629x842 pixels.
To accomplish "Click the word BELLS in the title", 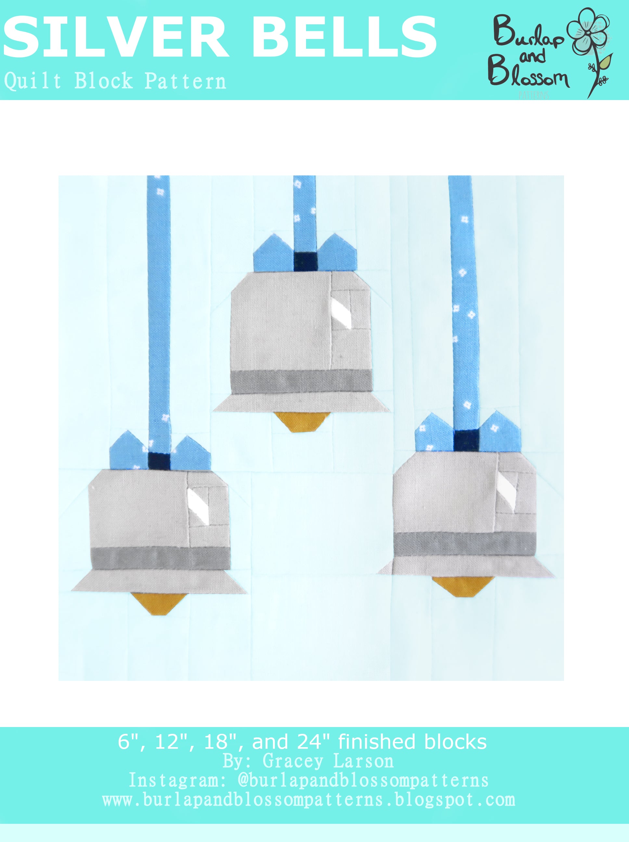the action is click(344, 38).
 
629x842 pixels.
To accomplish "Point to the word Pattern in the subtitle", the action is click(185, 82).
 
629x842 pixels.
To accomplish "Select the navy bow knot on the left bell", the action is click(159, 461).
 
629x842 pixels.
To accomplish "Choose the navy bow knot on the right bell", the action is click(466, 440).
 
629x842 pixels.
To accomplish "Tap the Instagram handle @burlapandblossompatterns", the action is click(363, 780).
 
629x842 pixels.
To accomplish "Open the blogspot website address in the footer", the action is click(309, 800).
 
